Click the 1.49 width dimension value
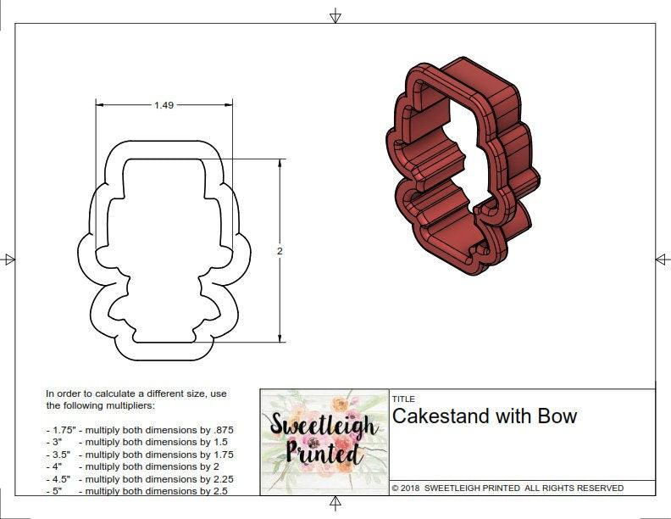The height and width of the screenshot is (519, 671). (x=164, y=105)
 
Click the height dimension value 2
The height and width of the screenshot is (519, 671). (x=280, y=251)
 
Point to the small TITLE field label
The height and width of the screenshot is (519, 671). (x=402, y=399)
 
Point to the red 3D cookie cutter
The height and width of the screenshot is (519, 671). (x=462, y=165)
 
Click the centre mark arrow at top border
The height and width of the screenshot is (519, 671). (x=335, y=15)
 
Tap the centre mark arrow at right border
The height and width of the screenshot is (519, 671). (x=662, y=259)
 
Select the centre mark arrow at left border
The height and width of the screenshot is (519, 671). (x=9, y=259)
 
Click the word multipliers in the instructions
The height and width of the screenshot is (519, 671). (x=127, y=405)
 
